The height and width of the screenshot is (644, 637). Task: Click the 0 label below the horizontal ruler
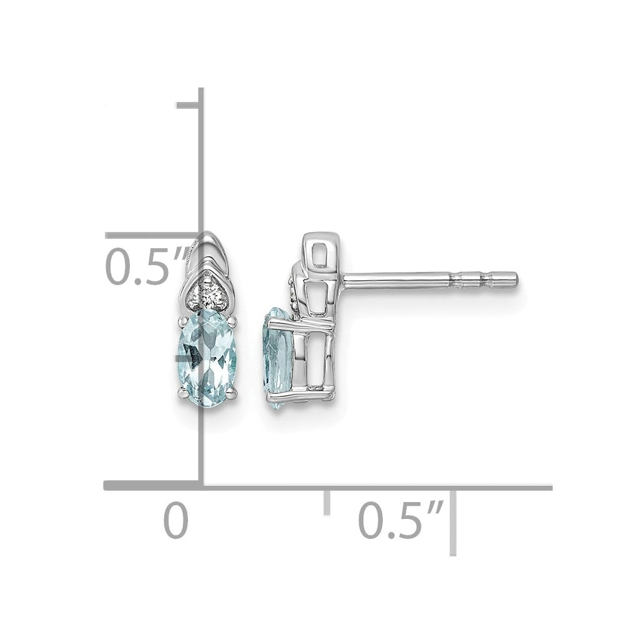tap(175, 520)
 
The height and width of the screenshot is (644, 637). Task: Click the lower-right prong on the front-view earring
tap(233, 395)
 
